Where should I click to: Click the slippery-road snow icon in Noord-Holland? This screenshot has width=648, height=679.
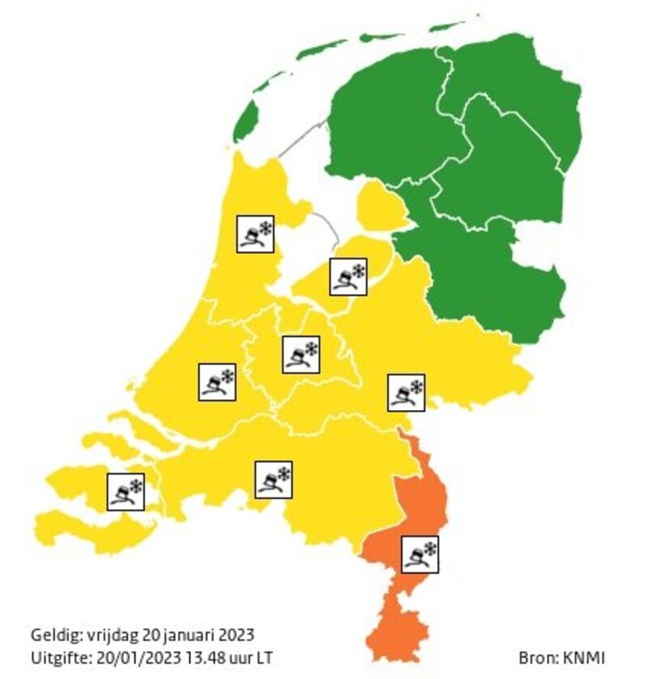254,233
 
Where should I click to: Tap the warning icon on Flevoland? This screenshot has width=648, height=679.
348,275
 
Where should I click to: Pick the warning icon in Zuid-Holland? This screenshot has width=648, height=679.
217,382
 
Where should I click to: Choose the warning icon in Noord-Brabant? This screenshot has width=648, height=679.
273,479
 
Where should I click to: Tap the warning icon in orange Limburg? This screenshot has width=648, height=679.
420,554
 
